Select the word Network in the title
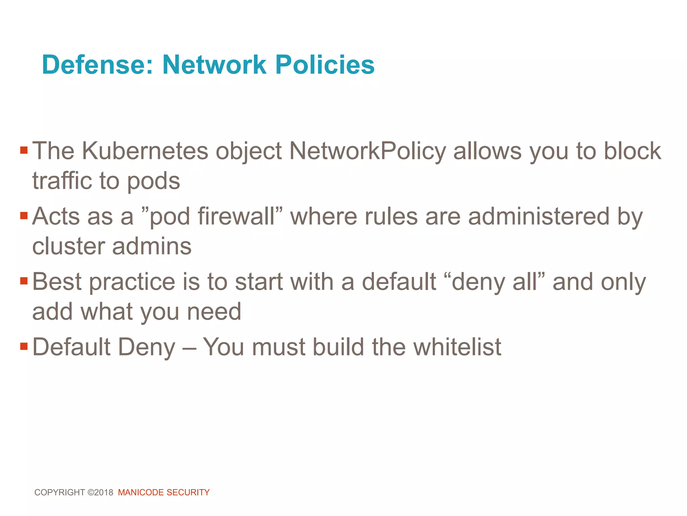[x=214, y=64]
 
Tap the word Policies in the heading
[x=324, y=64]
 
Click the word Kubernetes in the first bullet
[x=145, y=151]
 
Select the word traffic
[x=62, y=181]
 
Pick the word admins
[x=152, y=246]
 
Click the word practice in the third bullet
[x=132, y=282]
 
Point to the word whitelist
[x=457, y=347]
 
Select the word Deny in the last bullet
[x=147, y=347]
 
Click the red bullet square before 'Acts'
[x=23, y=215]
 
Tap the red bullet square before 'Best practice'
[x=23, y=281]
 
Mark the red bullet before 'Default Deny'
[x=23, y=346]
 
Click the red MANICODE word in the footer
[x=141, y=492]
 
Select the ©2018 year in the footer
[x=100, y=492]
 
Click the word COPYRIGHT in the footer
[x=60, y=492]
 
